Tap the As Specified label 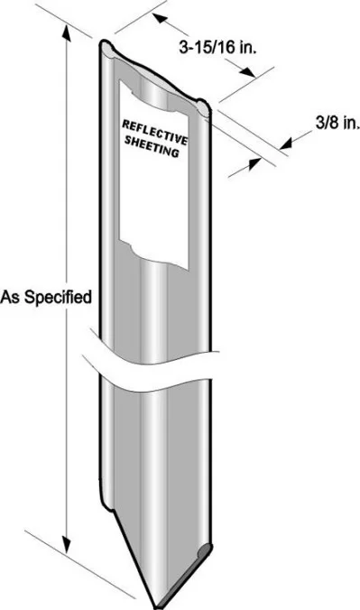[x=45, y=295]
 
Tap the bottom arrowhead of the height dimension [x=66, y=548]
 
